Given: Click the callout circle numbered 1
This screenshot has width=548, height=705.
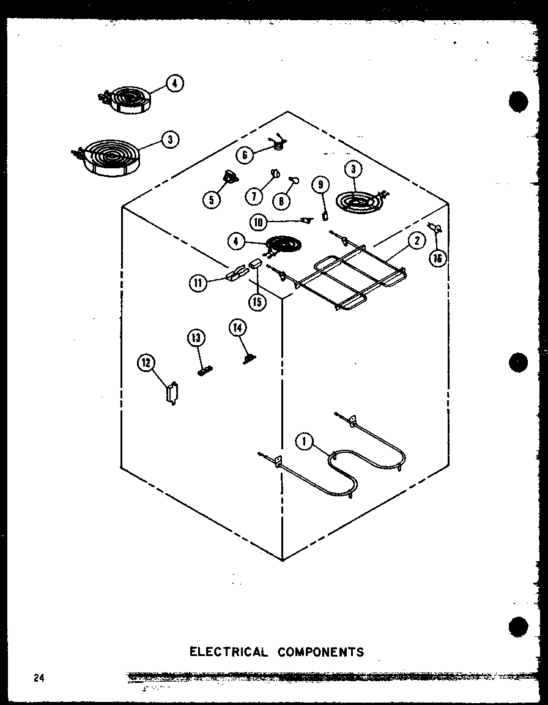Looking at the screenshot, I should [304, 441].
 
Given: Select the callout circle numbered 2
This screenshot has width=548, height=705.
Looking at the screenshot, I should [417, 241].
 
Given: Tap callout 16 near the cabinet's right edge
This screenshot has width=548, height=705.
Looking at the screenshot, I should [437, 258].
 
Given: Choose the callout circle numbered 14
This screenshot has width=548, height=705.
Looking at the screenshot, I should [237, 329].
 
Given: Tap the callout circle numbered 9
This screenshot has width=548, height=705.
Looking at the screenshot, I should [320, 184].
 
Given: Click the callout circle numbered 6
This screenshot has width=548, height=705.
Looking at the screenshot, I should [245, 155].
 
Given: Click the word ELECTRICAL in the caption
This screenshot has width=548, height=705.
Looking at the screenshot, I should [228, 652].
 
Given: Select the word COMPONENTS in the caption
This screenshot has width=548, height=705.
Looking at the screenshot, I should [320, 652].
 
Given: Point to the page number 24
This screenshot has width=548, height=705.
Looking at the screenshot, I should [40, 677].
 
